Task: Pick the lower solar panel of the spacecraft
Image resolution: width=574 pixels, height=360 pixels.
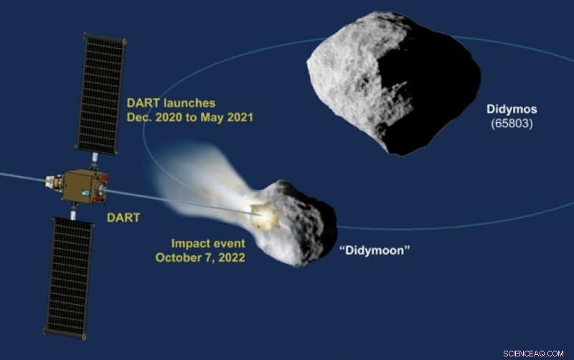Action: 69,276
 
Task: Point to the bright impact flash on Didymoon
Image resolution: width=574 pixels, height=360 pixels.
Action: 263,213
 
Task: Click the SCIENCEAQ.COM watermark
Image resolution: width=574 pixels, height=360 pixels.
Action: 532,352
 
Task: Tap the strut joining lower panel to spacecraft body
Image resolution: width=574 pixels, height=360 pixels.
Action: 73,211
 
